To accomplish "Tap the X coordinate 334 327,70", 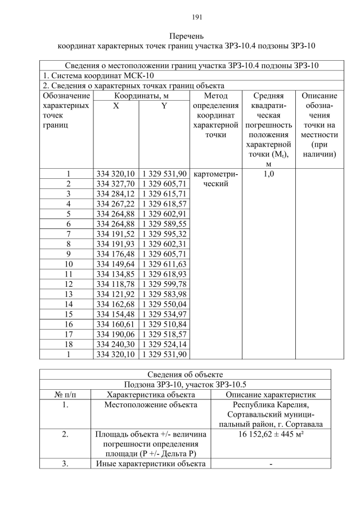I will click(115, 184).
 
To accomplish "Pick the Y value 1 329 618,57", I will click(164, 204).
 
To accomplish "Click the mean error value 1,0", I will click(268, 174).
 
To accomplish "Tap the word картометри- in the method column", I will click(215, 174).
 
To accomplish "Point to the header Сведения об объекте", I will click(185, 375).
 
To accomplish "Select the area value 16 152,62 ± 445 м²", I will click(271, 435).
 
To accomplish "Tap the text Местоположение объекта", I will click(151, 405).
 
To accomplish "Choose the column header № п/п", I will click(65, 395).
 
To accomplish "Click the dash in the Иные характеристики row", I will click(271, 464).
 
